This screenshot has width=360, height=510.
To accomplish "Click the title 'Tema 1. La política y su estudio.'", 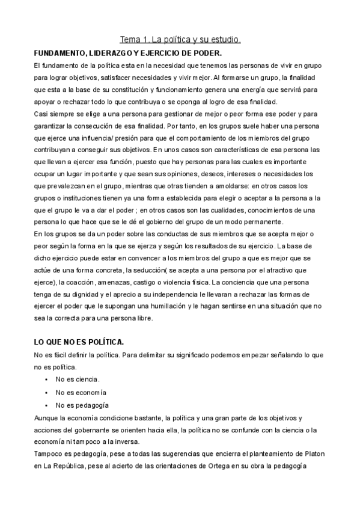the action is point(180,40).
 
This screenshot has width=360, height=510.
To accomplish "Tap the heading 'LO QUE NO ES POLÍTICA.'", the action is point(79,342).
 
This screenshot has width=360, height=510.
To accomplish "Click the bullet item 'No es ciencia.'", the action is point(78,379).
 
